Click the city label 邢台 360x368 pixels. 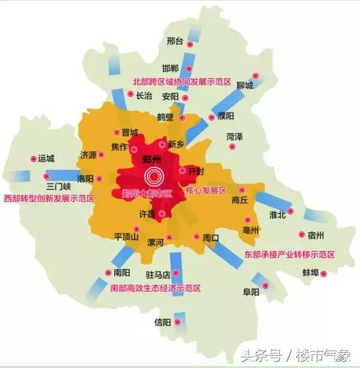174,41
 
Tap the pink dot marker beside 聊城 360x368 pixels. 256,75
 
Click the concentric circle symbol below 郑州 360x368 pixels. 155,176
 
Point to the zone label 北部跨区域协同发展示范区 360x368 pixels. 182,83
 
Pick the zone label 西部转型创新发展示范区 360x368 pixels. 49,197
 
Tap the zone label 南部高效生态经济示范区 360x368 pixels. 155,288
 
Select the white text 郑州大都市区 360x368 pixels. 146,194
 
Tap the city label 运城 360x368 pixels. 47,158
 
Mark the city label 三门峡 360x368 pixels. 58,176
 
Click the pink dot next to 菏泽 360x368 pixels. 233,146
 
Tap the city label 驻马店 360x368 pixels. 158,274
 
